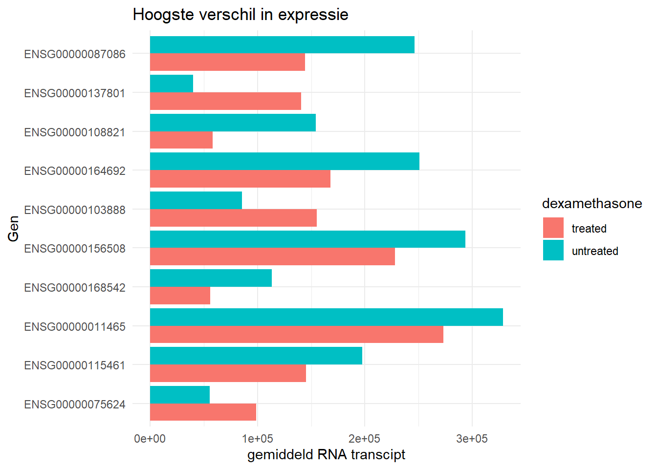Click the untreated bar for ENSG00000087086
click(x=282, y=44)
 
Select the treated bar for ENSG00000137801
click(x=225, y=101)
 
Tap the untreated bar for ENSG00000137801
click(x=172, y=84)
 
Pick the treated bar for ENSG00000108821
click(x=181, y=140)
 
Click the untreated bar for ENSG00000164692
click(x=285, y=161)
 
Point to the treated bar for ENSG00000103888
click(x=233, y=218)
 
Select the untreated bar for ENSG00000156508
click(x=307, y=239)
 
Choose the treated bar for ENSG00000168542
click(x=180, y=296)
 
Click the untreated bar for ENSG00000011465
click(x=326, y=317)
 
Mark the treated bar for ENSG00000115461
click(x=228, y=373)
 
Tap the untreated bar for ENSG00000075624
click(x=180, y=395)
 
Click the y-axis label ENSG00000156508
click(x=75, y=249)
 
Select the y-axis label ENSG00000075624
click(x=75, y=405)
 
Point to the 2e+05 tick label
click(x=365, y=439)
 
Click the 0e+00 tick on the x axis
click(x=150, y=439)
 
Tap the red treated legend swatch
click(x=553, y=228)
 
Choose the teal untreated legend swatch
click(x=553, y=251)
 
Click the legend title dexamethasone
click(x=592, y=204)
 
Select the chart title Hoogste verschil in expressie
click(x=241, y=15)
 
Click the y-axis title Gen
click(x=13, y=229)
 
